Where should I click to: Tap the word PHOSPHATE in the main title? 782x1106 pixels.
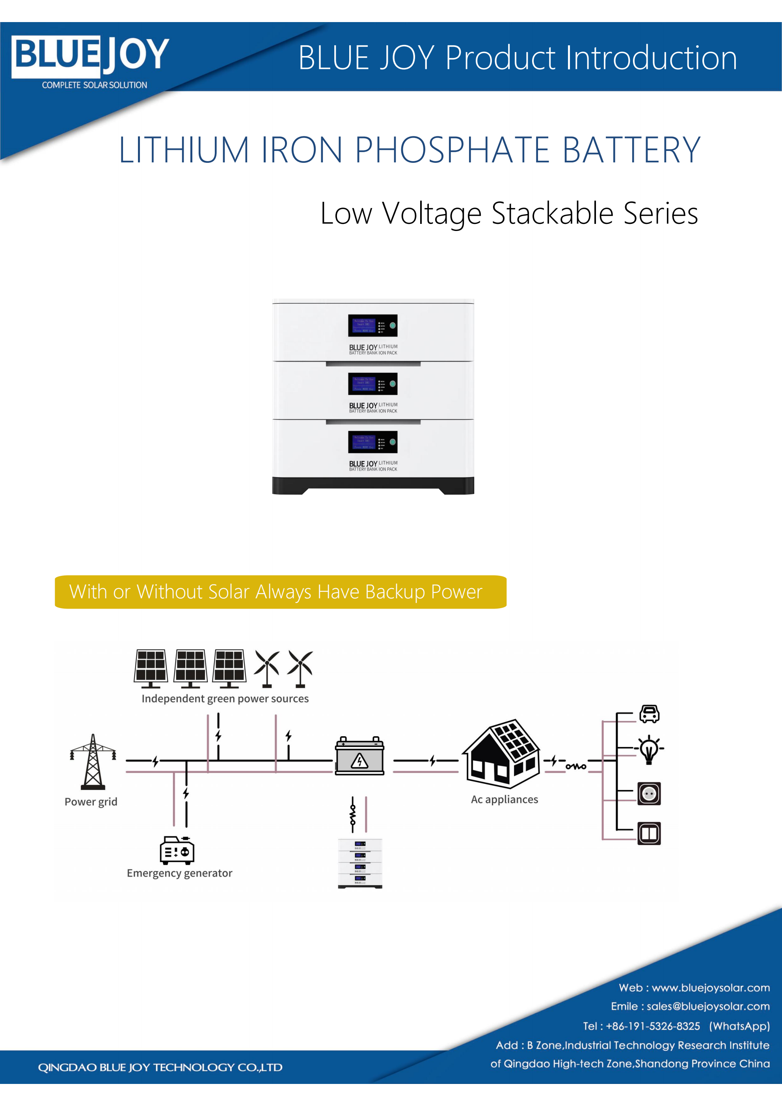[x=452, y=150]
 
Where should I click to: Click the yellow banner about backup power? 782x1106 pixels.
[x=280, y=592]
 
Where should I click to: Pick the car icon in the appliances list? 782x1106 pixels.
[x=649, y=713]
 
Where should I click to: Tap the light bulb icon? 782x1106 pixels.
[x=649, y=750]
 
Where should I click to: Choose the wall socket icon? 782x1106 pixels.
[x=649, y=793]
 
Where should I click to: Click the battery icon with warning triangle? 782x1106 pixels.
[x=359, y=757]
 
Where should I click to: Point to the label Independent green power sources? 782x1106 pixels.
[x=225, y=698]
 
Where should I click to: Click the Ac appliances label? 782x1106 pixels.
[x=505, y=800]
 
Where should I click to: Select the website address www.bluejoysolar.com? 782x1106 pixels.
[x=710, y=987]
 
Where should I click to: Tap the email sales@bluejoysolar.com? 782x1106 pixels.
[x=708, y=1006]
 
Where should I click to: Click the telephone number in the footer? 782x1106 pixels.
[x=652, y=1026]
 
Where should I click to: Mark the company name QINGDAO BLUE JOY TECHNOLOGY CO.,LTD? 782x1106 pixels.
[x=160, y=1067]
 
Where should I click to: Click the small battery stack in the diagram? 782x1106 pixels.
[x=360, y=863]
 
